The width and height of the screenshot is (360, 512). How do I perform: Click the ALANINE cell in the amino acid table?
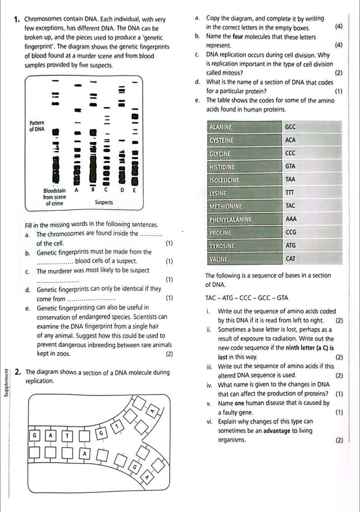tap(221, 127)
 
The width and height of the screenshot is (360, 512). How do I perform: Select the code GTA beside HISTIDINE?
tap(291, 167)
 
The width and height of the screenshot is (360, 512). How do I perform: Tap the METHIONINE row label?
tap(226, 207)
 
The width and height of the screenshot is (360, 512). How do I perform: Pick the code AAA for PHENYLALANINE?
tap(291, 220)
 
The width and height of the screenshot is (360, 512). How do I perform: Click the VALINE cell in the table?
tap(219, 259)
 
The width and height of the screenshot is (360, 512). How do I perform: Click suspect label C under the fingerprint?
tap(106, 190)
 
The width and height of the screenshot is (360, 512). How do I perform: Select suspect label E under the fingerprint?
tap(134, 190)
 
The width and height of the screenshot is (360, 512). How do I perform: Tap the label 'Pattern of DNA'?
tap(37, 126)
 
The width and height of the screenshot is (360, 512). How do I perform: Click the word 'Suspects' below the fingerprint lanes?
tap(104, 202)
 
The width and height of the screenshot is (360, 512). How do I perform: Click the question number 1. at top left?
tap(16, 20)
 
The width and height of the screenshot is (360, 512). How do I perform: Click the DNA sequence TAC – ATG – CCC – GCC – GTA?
tap(247, 298)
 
